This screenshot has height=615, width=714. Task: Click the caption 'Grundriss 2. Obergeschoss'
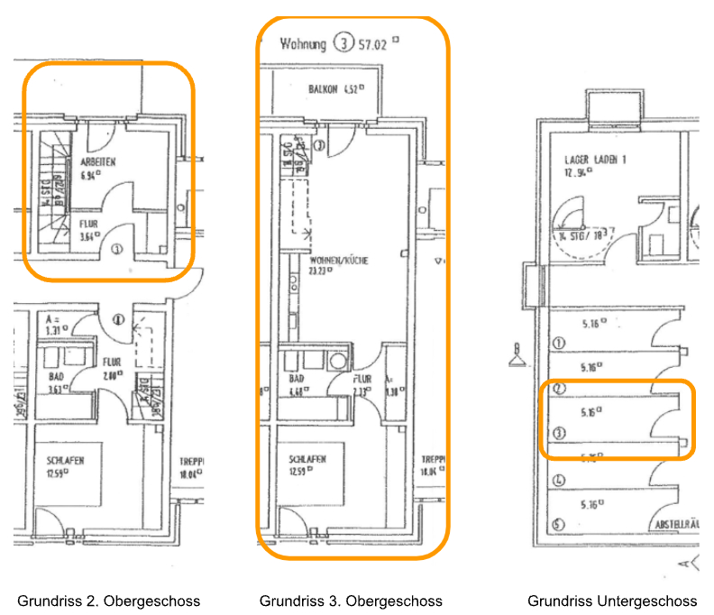coord(109,601)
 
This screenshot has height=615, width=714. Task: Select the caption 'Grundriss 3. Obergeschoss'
coord(351,601)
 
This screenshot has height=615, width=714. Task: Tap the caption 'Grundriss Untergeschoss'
coord(611,601)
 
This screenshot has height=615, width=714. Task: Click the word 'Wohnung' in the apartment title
coord(302,42)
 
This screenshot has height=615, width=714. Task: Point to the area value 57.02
coord(374,42)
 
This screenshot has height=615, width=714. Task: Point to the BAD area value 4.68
coord(296,390)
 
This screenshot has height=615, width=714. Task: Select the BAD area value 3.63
coord(59,390)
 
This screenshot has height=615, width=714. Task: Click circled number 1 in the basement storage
coord(557,344)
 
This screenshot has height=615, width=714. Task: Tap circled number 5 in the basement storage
coord(558,524)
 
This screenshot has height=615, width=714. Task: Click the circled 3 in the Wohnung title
coord(342,42)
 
